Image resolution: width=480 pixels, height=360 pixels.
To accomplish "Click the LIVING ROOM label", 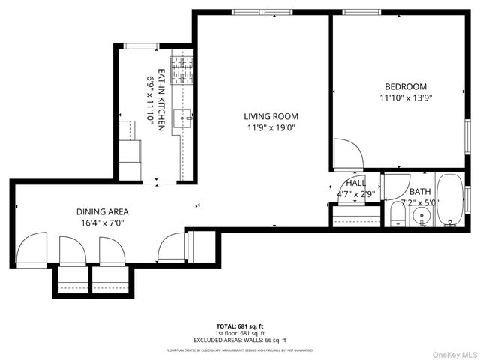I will coord(271,116).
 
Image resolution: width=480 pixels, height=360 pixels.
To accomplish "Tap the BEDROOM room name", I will coord(406,86).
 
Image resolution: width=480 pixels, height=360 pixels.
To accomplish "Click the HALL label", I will coord(355,183).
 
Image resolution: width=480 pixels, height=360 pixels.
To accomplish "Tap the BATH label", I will coord(420,192).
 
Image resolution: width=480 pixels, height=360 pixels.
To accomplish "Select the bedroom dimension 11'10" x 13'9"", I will coord(406,97).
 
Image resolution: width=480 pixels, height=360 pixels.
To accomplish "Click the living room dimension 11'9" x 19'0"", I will coord(271,127).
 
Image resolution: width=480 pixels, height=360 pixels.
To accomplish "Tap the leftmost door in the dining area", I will coord(33,250).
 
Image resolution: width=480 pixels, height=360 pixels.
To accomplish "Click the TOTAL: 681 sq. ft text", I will coord(240,326).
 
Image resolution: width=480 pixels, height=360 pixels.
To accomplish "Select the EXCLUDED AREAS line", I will coord(240,340).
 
